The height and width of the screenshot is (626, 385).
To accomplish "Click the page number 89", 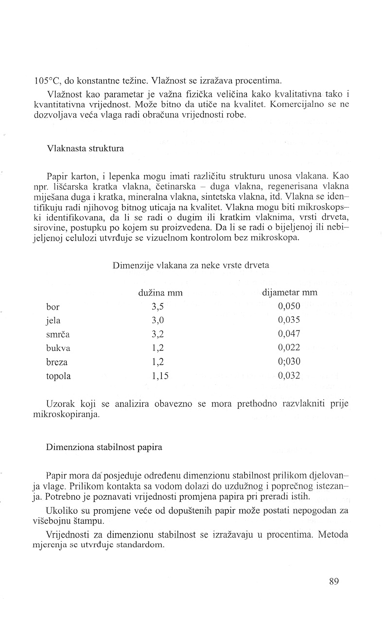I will pos(333,581).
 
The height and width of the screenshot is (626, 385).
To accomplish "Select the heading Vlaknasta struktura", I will pos(85,149).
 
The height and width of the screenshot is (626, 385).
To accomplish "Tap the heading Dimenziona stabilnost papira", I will pos(104,448).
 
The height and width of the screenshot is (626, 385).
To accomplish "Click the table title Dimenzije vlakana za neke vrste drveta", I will pos(191,265).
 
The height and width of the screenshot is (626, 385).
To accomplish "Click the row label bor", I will pos(52,306).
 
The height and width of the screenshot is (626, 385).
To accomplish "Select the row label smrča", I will pos(56,334).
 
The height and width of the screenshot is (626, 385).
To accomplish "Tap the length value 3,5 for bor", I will pos(158,306).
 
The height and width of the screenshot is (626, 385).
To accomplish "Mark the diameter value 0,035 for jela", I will pos(289,320).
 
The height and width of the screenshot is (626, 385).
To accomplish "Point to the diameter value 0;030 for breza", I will pos(289,362).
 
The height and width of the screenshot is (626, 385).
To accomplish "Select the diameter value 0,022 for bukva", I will pos(289,348).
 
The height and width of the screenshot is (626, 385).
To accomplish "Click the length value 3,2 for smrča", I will pos(158,334).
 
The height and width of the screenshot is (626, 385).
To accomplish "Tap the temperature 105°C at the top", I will pos(48,81).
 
